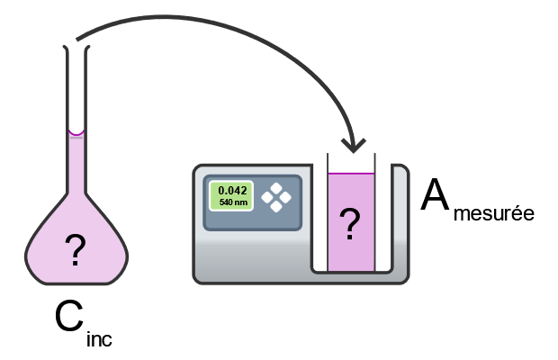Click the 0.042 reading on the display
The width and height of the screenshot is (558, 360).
pos(233,191)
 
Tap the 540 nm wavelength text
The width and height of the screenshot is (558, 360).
pos(233,202)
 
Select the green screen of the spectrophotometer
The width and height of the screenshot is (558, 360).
pos(233,196)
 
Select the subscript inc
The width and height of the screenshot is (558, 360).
pos(101,339)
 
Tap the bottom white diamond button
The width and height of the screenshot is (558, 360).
pos(276,205)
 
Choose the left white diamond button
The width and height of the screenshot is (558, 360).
pos(267,197)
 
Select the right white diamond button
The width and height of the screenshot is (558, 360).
pos(285,197)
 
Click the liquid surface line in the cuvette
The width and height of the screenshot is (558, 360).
pos(350,175)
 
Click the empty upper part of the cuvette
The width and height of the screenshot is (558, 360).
pos(350,162)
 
